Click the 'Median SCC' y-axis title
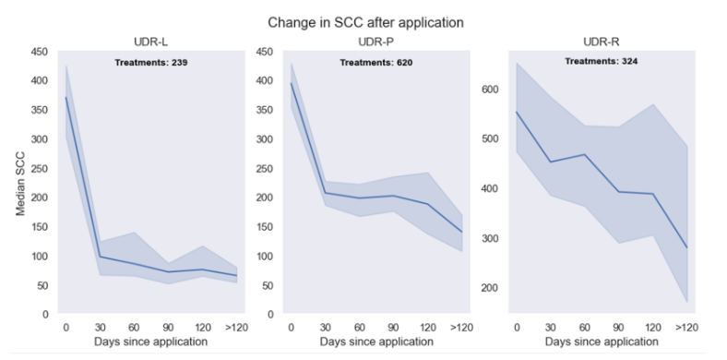[x=20, y=183]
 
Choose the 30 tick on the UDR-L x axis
[x=100, y=327]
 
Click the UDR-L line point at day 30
[x=100, y=257]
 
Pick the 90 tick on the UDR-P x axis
[x=392, y=327]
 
